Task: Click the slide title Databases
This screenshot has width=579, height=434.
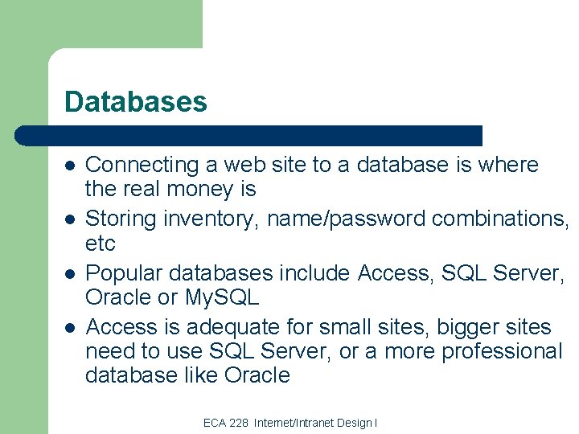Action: click(135, 102)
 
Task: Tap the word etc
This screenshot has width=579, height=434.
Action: click(101, 243)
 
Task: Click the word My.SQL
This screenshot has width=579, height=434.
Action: click(220, 297)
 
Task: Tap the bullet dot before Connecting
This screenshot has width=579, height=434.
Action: click(70, 166)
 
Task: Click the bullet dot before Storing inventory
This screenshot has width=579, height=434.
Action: click(70, 219)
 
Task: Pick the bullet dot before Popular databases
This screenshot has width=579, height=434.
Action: click(70, 273)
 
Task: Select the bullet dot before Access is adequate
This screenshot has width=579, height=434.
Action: click(70, 328)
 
